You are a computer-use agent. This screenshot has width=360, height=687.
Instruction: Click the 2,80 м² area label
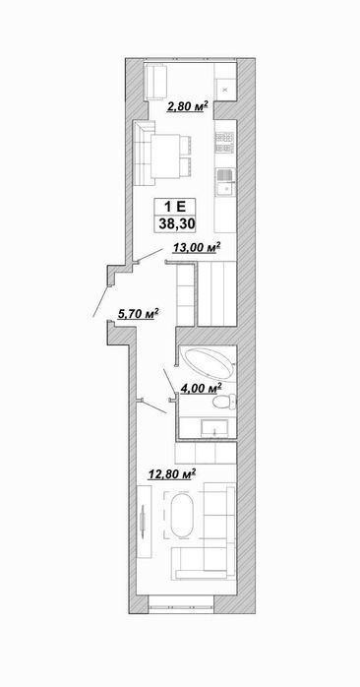(x=187, y=106)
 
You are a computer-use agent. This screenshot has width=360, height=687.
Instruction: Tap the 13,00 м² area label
(x=196, y=248)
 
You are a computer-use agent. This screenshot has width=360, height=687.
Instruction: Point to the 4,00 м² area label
(x=201, y=388)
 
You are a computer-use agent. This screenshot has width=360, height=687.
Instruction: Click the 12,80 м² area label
(x=172, y=474)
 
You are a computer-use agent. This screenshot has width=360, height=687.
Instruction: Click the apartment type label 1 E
(x=175, y=207)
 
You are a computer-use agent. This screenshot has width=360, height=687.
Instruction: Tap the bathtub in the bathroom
(x=209, y=363)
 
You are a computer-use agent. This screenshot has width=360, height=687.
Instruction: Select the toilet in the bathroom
(x=223, y=401)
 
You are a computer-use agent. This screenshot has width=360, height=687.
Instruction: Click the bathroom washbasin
(x=214, y=427)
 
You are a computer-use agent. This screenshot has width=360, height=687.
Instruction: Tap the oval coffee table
(x=182, y=516)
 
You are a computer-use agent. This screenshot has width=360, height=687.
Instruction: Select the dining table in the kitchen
(x=165, y=156)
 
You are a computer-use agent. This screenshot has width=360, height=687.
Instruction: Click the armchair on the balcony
(x=155, y=82)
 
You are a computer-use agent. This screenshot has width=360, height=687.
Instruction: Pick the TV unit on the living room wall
(x=144, y=522)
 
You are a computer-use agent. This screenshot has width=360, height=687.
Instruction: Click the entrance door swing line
(x=100, y=300)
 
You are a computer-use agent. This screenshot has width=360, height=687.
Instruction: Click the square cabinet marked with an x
(x=225, y=90)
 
